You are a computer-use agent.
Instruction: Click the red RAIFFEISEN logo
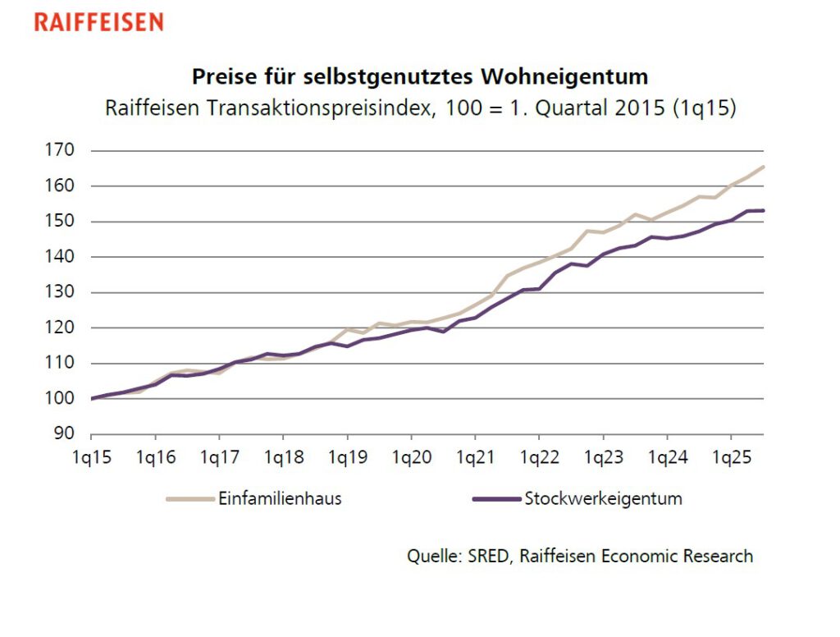pos(98,22)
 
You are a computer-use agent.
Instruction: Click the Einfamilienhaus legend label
pos(279,499)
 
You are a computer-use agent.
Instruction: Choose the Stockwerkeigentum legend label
pos(603,499)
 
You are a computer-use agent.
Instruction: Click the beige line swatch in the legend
pos(190,499)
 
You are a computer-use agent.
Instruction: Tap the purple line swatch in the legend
pos(497,499)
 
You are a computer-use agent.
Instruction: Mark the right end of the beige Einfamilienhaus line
pos(764,167)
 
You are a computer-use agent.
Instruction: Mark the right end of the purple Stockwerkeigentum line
pos(764,211)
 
